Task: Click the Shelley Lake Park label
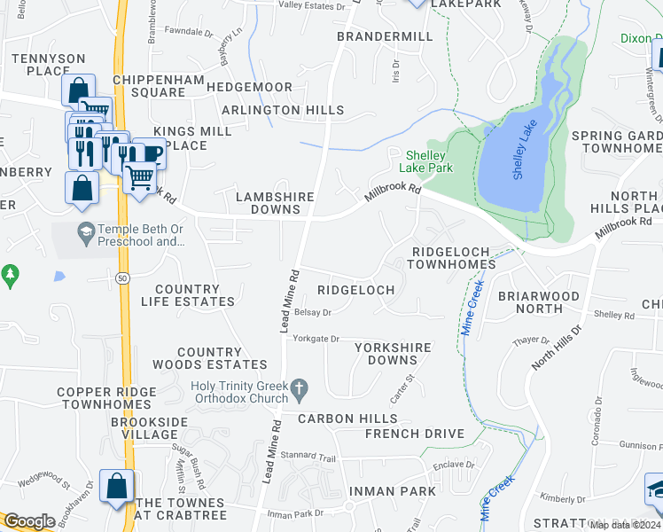429,160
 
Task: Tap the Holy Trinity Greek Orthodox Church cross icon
300,387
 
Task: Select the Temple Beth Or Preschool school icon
85,233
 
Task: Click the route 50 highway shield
121,279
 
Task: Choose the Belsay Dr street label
313,312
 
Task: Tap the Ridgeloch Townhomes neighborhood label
452,258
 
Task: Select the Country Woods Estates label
209,358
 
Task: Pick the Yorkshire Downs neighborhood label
393,354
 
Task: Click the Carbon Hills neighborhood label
347,419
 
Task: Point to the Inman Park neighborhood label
392,491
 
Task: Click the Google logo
29,521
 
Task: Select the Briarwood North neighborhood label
538,302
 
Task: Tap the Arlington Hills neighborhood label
283,110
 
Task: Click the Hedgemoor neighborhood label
249,87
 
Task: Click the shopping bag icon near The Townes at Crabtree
116,487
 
